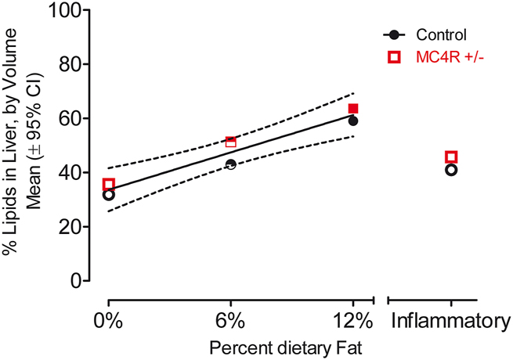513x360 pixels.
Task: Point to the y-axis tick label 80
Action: tap(73, 64)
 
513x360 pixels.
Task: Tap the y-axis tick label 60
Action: tap(73, 118)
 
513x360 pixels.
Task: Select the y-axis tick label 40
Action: tap(73, 172)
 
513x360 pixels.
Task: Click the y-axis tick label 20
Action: tap(73, 226)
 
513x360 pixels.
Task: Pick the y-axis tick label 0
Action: tap(78, 280)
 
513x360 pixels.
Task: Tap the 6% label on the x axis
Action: tap(231, 321)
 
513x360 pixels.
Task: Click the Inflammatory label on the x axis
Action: tap(451, 321)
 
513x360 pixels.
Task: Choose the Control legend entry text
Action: tap(441, 34)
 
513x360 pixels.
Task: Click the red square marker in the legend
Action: tap(394, 56)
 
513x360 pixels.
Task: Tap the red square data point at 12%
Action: tap(353, 109)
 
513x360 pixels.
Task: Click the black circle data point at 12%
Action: tap(353, 121)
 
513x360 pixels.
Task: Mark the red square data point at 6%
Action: tap(231, 142)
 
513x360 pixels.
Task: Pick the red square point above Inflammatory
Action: tap(451, 157)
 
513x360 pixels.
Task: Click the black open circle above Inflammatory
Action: tap(451, 170)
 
